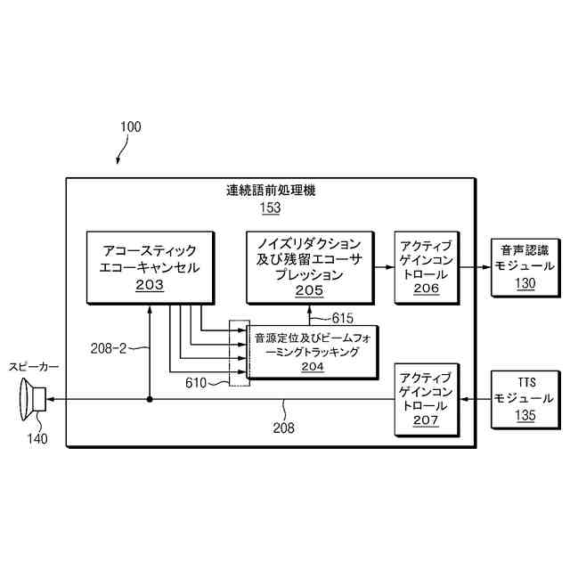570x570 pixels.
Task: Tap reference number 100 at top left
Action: coord(129,126)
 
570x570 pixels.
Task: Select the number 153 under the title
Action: coord(270,208)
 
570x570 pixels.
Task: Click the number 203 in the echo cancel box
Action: coord(150,285)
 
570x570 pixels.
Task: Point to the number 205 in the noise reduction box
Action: coord(309,290)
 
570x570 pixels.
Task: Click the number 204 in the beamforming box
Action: coord(312,367)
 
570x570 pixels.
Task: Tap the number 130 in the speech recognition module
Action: coord(525,284)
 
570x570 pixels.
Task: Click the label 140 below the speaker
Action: coord(37,437)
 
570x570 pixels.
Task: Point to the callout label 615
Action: coord(343,318)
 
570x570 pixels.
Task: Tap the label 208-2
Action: coord(110,349)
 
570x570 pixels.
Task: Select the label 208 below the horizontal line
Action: coord(283,427)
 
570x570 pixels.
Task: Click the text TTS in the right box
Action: coord(525,381)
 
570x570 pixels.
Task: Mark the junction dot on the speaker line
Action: coord(150,399)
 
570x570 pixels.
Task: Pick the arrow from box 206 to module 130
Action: coord(476,265)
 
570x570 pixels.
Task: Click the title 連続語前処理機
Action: coord(271,191)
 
